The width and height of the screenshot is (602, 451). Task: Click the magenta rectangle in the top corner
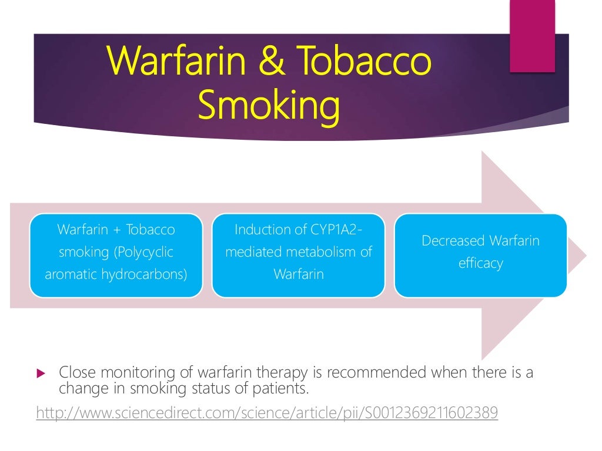532,36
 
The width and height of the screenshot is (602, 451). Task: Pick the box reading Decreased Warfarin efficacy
480,255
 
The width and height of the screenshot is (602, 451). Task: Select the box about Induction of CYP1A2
298,255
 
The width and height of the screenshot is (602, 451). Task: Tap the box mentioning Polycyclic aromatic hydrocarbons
116,255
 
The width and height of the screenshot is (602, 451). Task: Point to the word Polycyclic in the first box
144,252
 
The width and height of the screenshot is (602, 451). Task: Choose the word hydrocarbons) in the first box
152,274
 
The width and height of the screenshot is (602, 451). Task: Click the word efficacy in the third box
480,264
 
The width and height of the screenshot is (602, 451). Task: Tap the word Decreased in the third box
453,241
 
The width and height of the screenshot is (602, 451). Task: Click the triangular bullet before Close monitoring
41,373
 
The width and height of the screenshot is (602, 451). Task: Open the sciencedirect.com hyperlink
267,413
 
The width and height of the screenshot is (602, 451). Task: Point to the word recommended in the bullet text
377,373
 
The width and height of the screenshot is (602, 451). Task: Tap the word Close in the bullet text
76,373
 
